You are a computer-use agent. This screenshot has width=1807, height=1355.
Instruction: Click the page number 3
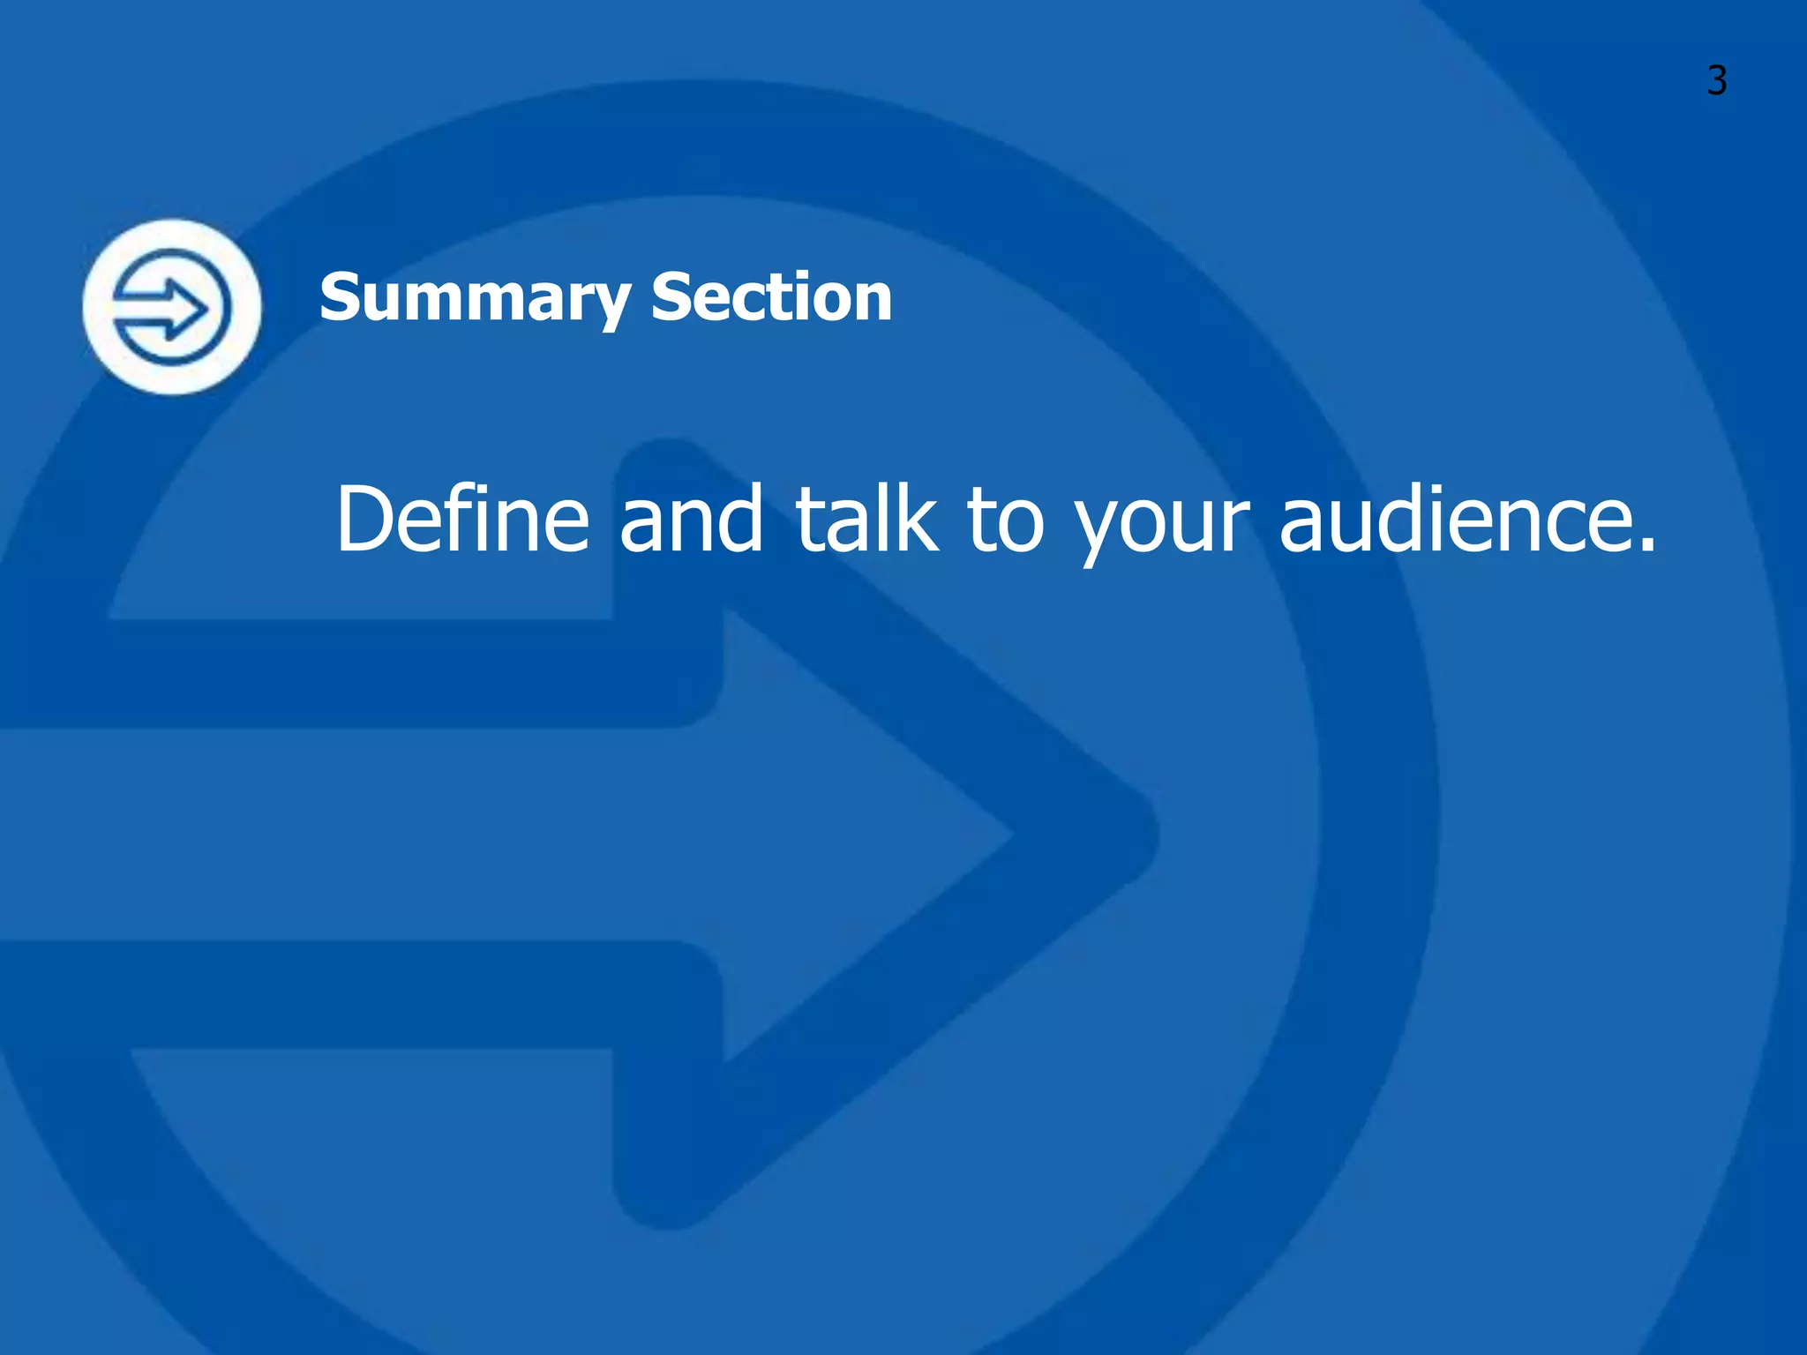1716,81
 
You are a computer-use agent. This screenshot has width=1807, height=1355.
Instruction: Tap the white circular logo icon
172,307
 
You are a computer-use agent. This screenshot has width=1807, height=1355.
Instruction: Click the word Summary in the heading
475,298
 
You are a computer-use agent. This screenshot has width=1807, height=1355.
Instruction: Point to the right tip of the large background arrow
1151,834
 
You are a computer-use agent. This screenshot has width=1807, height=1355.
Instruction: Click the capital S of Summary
339,297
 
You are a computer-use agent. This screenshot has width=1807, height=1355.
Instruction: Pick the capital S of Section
670,297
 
